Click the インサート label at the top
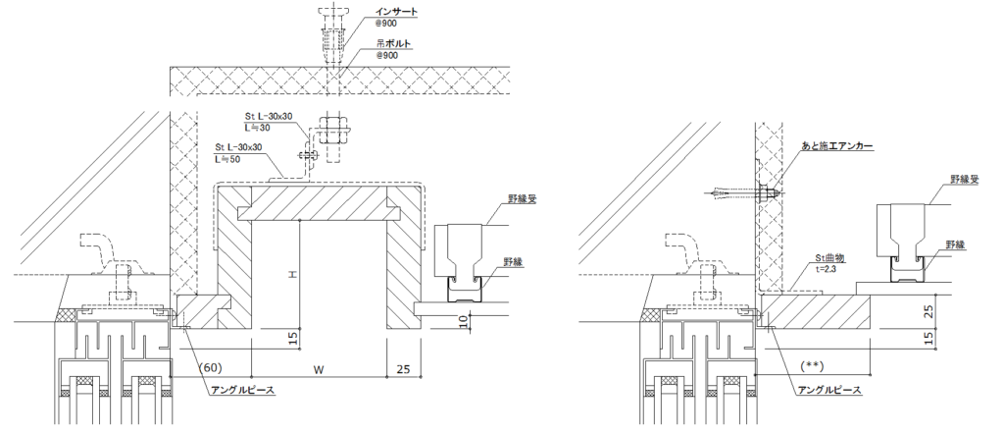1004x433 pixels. coord(397,12)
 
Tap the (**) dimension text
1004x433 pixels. coord(812,366)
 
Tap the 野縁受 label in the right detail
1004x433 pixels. coord(965,180)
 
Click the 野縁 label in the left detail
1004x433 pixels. coord(513,261)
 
